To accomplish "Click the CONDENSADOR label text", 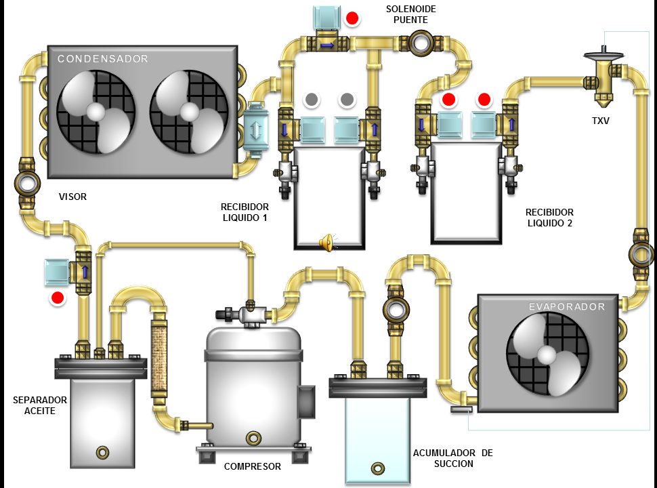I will [102, 59].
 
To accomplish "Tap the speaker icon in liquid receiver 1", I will [326, 242].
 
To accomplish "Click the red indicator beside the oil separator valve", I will [58, 298].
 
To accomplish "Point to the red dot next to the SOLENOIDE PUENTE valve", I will [352, 18].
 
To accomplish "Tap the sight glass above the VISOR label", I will [26, 182].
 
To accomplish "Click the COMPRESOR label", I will [252, 466].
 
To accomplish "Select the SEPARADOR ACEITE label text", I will [35, 405].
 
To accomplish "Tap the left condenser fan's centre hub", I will [96, 112].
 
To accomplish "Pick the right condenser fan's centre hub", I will [189, 112].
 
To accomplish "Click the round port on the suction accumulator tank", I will [377, 468].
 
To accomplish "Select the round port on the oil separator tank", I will [103, 451].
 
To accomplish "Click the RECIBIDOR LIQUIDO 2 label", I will [549, 217].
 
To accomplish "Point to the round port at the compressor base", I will [253, 437].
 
